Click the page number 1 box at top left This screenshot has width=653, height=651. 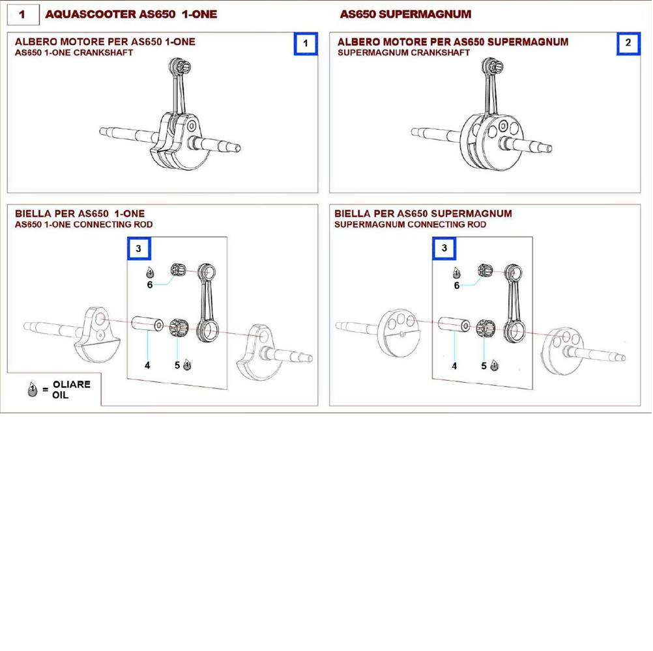pyautogui.click(x=23, y=14)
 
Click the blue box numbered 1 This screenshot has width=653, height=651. pyautogui.click(x=306, y=43)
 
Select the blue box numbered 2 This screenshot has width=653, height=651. pyautogui.click(x=628, y=43)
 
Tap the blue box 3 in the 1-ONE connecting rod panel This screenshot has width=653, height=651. pyautogui.click(x=139, y=248)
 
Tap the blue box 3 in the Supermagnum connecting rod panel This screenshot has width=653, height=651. pyautogui.click(x=444, y=248)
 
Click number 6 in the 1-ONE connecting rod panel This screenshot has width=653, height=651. pyautogui.click(x=150, y=285)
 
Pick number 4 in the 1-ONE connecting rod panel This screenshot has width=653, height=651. pyautogui.click(x=147, y=365)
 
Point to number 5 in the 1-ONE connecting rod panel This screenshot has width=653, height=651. pyautogui.click(x=177, y=365)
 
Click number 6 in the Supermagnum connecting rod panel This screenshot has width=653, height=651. pyautogui.click(x=456, y=286)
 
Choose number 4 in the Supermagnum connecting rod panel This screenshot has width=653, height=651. pyautogui.click(x=454, y=366)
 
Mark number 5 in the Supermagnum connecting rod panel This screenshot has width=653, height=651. pyautogui.click(x=484, y=366)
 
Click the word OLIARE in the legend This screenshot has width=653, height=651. pyautogui.click(x=72, y=384)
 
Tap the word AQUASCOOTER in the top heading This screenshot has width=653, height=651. pyautogui.click(x=91, y=14)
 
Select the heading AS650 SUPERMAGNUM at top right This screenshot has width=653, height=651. pyautogui.click(x=405, y=14)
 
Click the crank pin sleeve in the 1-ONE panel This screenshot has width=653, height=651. pyautogui.click(x=147, y=324)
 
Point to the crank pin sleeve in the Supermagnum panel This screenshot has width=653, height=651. pyautogui.click(x=454, y=324)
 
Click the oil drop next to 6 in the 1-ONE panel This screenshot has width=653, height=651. pyautogui.click(x=150, y=272)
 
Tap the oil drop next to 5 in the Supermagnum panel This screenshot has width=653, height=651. pyautogui.click(x=495, y=365)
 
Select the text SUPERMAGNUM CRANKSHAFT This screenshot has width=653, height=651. pyautogui.click(x=403, y=53)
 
